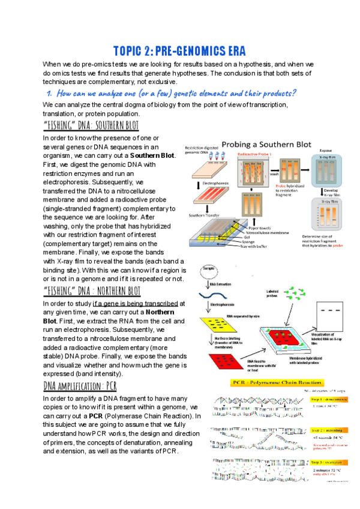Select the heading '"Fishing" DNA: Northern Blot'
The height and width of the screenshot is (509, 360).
[92, 291]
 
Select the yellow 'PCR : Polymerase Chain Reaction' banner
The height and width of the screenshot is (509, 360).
[277, 383]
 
